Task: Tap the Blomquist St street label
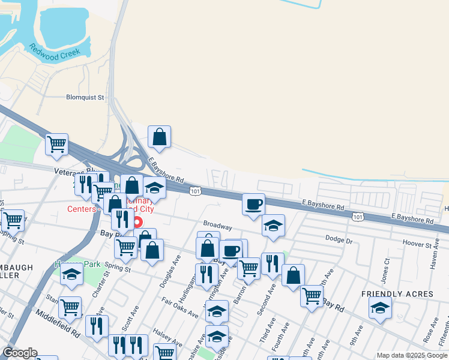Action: [84, 97]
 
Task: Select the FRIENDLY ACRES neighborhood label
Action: [397, 294]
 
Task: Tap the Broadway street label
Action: [217, 227]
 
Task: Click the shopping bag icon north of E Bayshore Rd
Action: [159, 137]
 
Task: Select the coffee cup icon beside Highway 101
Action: [253, 203]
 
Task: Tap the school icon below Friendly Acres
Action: [380, 308]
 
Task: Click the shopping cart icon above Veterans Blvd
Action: [56, 144]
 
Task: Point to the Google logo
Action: [20, 353]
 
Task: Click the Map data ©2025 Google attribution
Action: [412, 355]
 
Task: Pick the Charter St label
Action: [98, 284]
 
